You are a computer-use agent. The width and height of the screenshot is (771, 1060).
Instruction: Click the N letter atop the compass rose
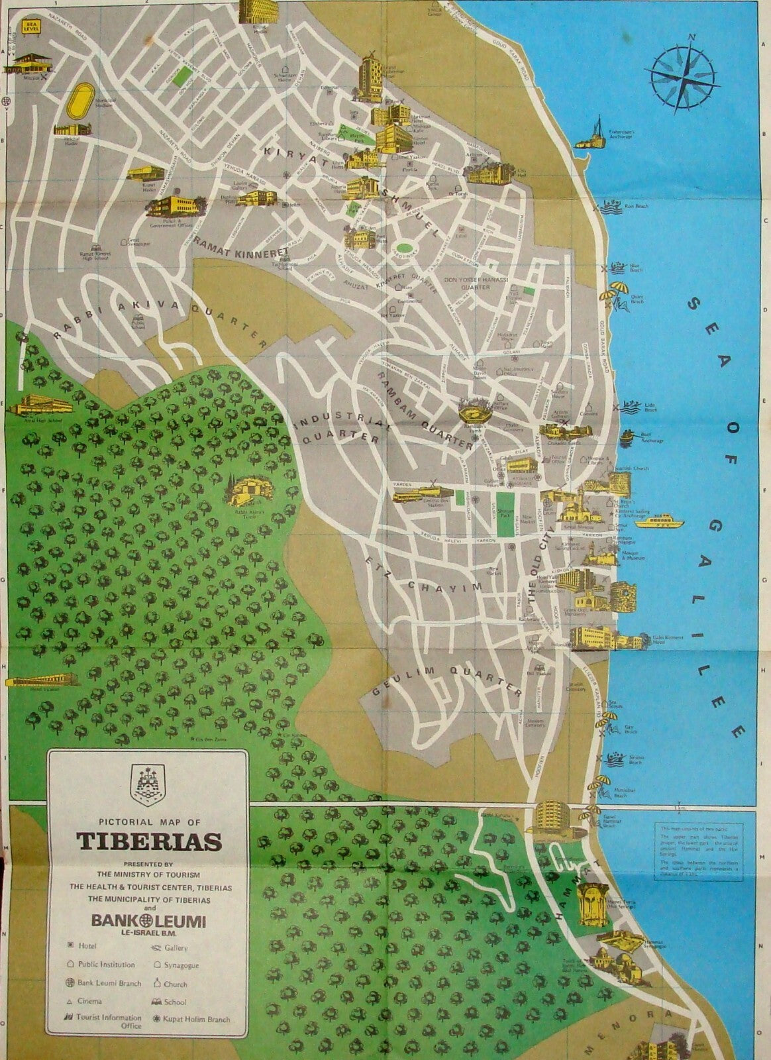690,38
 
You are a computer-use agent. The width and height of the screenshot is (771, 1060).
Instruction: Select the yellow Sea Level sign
29,28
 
